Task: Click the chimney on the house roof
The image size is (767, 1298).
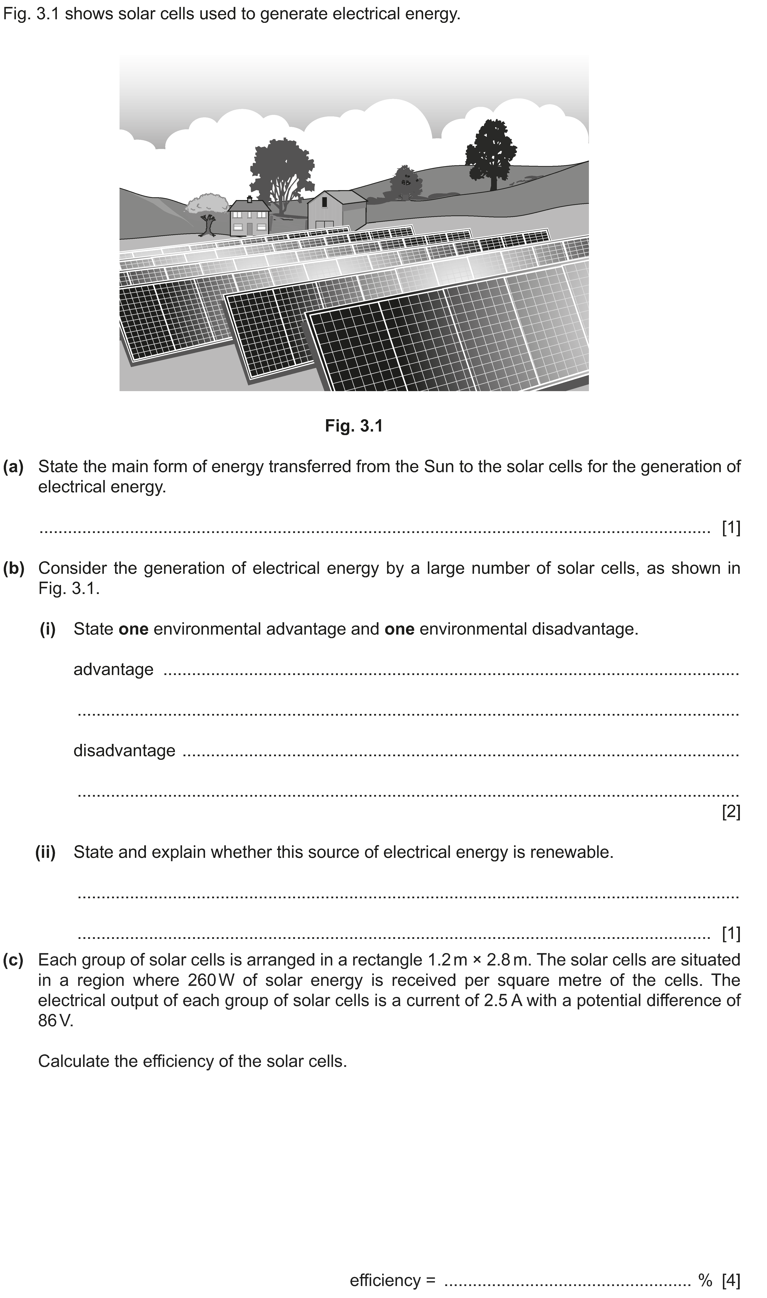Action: point(250,199)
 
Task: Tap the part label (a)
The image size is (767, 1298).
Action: point(14,467)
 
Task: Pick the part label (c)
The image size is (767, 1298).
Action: point(14,960)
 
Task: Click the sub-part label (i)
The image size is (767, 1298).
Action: point(48,629)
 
